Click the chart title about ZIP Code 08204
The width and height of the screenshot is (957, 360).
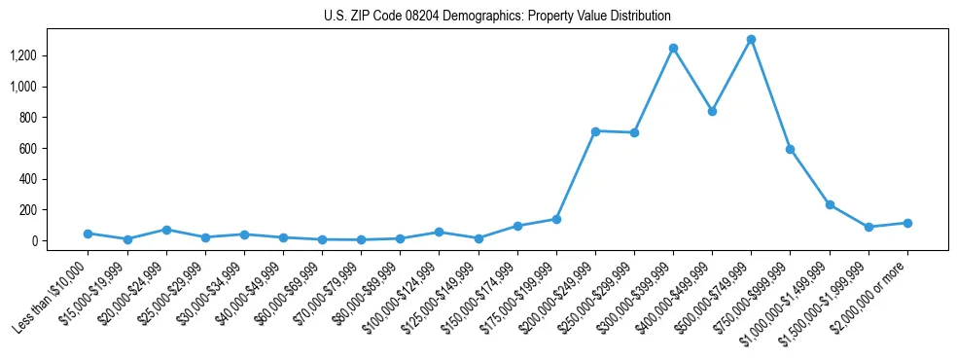(x=497, y=17)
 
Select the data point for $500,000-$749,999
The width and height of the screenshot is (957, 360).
(x=751, y=40)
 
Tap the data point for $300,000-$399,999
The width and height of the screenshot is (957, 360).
(x=673, y=48)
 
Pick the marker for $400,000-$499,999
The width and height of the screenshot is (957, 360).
(x=712, y=111)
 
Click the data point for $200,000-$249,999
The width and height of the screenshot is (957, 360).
(x=595, y=130)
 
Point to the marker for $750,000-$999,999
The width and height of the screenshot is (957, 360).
(x=791, y=149)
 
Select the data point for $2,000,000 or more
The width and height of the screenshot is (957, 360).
(x=907, y=223)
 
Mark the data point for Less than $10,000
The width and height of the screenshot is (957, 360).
(x=88, y=234)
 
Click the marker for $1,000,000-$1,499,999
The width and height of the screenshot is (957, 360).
(x=830, y=204)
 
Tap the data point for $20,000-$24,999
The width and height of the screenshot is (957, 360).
(x=166, y=230)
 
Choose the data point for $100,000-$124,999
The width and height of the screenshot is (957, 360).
(x=439, y=232)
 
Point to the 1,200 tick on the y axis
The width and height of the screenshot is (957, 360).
(x=22, y=55)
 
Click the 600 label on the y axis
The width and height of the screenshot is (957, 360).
(x=27, y=148)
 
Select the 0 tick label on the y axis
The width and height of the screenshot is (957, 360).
(x=33, y=240)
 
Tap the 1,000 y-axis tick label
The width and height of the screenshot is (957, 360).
(x=22, y=87)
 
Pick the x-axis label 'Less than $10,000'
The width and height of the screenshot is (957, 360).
(x=51, y=295)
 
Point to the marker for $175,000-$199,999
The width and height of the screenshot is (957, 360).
(x=556, y=219)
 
